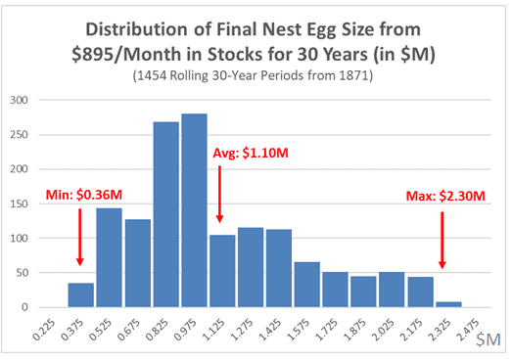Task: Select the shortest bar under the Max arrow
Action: click(x=448, y=303)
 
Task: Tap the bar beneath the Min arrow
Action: click(x=81, y=294)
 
